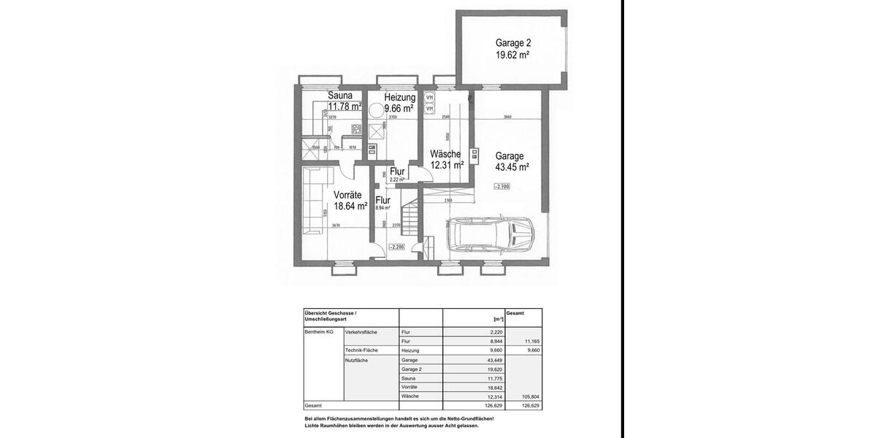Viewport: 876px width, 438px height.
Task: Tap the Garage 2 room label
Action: click(512, 43)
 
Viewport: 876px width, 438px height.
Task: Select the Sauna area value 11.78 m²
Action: click(345, 107)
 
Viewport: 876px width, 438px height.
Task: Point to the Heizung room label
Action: click(399, 97)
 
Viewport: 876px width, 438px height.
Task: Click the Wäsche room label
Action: click(445, 154)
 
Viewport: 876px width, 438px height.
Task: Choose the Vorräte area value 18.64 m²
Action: click(350, 207)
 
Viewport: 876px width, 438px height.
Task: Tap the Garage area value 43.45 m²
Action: click(512, 167)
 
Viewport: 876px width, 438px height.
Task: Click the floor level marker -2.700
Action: click(502, 187)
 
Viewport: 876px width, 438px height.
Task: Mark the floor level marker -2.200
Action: click(396, 247)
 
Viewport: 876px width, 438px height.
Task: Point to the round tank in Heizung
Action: click(377, 109)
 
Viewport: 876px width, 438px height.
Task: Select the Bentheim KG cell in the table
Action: click(319, 332)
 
